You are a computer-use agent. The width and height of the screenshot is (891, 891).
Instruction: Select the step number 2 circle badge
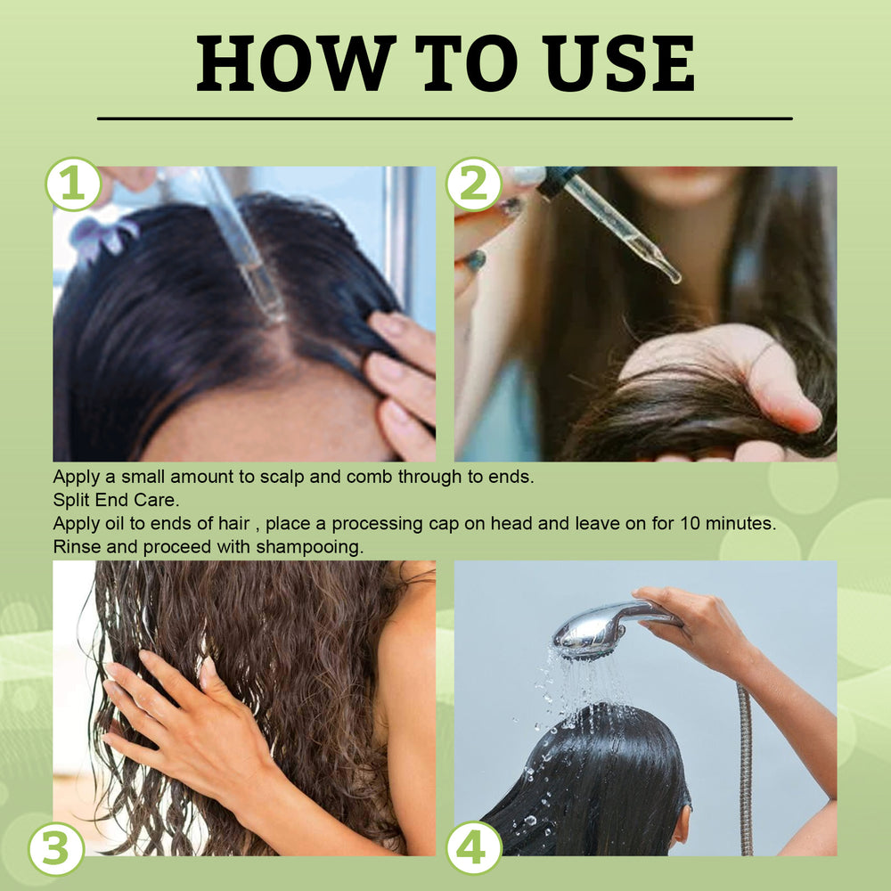(474, 184)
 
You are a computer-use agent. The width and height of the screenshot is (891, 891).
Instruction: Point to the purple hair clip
(105, 238)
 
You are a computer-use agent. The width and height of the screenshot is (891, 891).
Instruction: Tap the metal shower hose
(745, 766)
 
